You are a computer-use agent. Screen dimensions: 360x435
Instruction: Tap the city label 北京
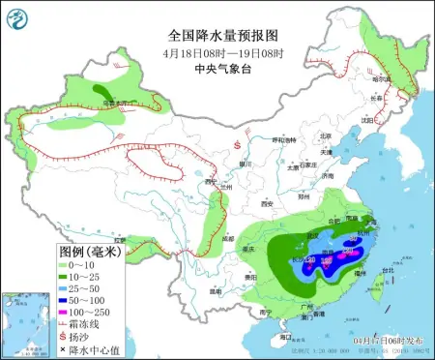pos(325,136)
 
